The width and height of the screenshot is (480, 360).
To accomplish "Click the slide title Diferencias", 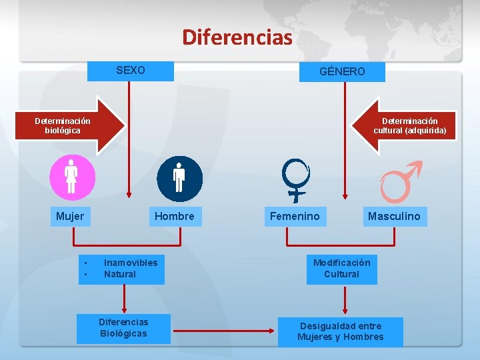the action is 237,37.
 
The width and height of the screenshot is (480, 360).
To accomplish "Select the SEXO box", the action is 131,70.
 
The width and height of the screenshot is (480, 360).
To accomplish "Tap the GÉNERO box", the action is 342,71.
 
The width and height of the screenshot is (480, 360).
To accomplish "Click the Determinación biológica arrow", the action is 73,126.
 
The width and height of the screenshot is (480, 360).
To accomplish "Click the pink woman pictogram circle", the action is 73,178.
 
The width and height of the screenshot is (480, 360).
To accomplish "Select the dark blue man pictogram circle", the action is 179,178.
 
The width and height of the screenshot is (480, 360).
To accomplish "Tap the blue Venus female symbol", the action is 295,179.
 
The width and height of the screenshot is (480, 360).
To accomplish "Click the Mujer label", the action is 70,216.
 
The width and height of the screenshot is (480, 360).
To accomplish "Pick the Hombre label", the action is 175,216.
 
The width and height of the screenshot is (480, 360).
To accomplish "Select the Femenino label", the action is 295,216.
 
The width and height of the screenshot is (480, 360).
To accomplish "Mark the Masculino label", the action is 394,216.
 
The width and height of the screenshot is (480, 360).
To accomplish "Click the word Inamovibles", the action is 131,263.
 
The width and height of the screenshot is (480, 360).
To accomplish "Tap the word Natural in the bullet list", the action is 120,274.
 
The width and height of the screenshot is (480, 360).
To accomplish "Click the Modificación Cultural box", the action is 341,269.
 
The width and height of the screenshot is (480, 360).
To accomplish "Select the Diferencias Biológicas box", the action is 123,328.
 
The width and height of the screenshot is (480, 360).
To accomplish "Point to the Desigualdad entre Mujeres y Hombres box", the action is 341,331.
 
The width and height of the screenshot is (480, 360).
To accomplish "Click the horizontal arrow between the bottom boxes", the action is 227,329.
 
